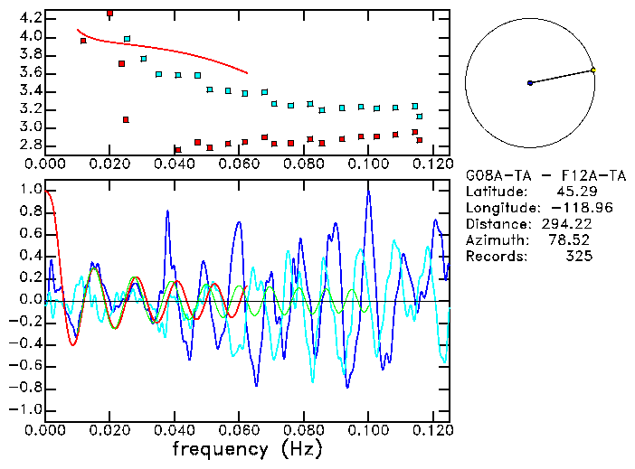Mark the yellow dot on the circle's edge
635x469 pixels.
pyautogui.click(x=593, y=70)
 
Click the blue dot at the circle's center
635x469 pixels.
pyautogui.click(x=530, y=83)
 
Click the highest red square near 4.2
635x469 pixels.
pyautogui.click(x=109, y=14)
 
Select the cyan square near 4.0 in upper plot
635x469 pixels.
pyautogui.click(x=127, y=39)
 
